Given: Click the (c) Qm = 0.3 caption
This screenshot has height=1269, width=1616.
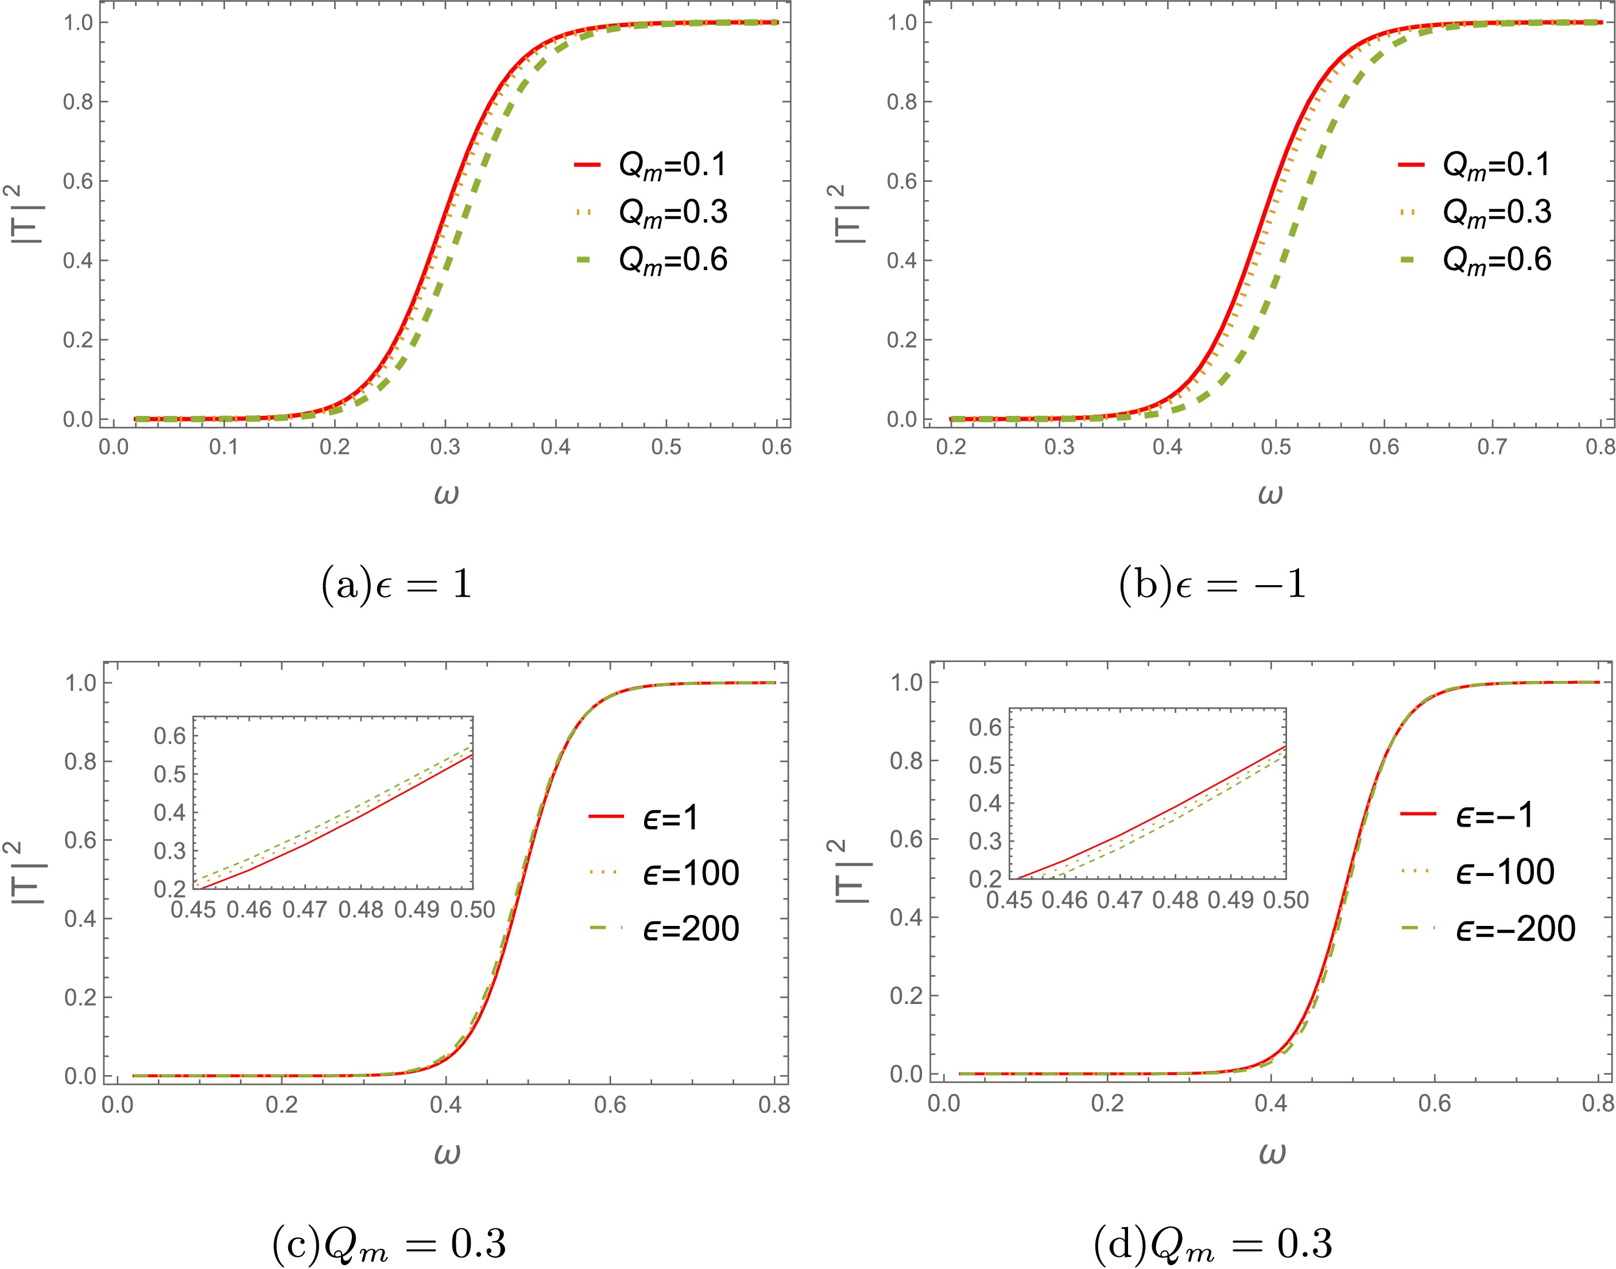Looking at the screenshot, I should (390, 1243).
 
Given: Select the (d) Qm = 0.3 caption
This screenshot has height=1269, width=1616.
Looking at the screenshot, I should (1213, 1243).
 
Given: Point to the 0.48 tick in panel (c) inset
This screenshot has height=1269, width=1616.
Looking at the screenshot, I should (361, 909).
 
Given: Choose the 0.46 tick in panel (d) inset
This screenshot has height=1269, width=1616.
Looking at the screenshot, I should (1064, 901).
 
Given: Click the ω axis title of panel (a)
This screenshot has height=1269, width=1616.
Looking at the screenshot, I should (446, 493).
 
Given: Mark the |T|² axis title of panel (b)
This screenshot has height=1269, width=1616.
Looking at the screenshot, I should (847, 216).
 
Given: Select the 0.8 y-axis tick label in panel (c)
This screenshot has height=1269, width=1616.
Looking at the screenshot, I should (80, 761).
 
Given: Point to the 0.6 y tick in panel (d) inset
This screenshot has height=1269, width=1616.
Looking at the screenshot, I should (985, 727).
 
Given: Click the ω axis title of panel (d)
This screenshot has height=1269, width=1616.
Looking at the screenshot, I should (1272, 1153).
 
